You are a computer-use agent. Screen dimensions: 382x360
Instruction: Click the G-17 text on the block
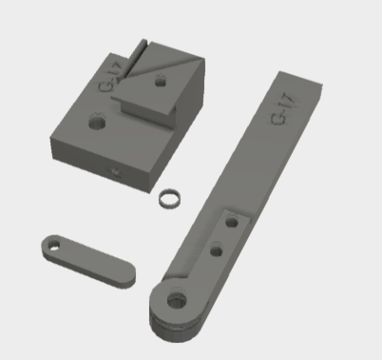(110, 77)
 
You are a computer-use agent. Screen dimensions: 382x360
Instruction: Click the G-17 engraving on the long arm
(283, 108)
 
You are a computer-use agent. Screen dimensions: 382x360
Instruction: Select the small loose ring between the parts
(170, 199)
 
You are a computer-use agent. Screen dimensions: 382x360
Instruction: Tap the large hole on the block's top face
(97, 122)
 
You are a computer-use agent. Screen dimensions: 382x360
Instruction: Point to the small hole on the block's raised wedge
(161, 82)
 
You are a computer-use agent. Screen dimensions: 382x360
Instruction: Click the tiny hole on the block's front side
(116, 173)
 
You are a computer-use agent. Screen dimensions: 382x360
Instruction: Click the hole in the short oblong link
(53, 245)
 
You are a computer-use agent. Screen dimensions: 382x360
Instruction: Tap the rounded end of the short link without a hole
(127, 275)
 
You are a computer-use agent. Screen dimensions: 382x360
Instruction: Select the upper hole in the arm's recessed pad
(232, 222)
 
